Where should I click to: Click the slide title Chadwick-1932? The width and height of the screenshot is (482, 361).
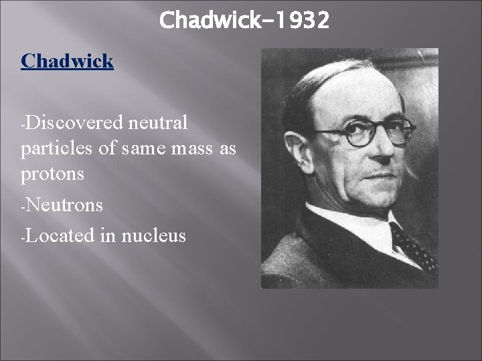pos(244,21)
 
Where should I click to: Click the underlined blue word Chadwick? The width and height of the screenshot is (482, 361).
pos(67,62)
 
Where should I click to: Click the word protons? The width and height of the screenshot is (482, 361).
pos(52,174)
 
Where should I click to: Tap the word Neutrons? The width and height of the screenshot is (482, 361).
pos(64,205)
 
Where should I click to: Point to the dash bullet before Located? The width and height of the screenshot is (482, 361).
pos(23,237)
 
